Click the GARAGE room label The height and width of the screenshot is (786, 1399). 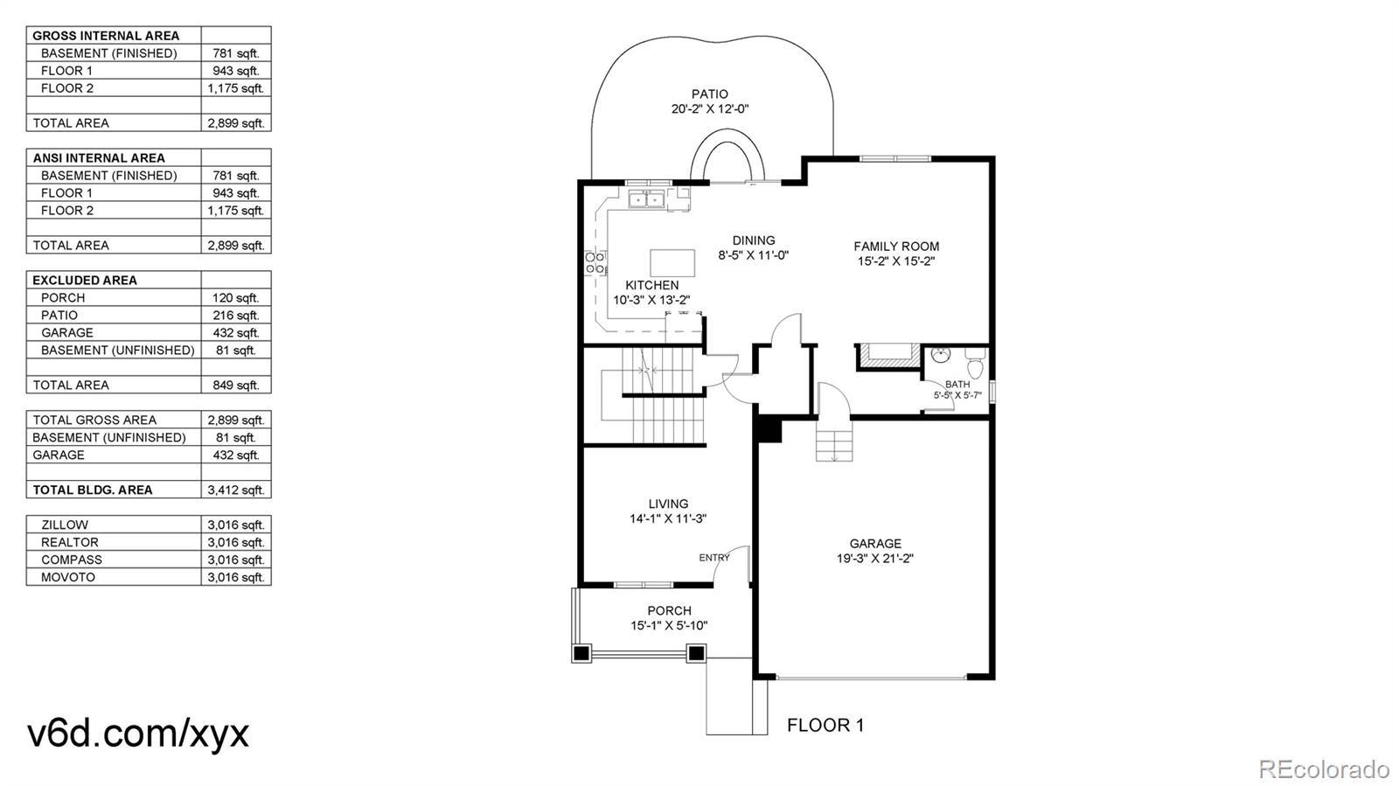point(875,543)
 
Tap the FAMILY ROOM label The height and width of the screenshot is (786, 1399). point(896,247)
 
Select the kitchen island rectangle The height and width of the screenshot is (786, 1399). point(672,263)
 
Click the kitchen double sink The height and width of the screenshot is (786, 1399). point(646,199)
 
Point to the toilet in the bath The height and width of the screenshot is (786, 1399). point(974,363)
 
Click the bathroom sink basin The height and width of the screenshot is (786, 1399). point(940,355)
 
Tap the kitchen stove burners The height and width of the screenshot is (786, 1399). point(595,263)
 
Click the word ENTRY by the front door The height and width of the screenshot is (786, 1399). point(713,558)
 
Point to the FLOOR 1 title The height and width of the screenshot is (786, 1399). point(825,726)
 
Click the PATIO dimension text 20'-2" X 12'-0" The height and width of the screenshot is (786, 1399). point(709,109)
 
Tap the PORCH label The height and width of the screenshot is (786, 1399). point(669,610)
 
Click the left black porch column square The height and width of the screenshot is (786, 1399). point(581,654)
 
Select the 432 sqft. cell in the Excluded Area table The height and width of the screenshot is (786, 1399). point(236,333)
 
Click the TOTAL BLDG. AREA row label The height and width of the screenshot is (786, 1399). point(93,490)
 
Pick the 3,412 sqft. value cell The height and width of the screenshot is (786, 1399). point(236,490)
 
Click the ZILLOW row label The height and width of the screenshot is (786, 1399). point(65,525)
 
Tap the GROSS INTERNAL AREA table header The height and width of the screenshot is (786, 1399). point(106,36)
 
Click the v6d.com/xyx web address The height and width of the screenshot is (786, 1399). point(138,734)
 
